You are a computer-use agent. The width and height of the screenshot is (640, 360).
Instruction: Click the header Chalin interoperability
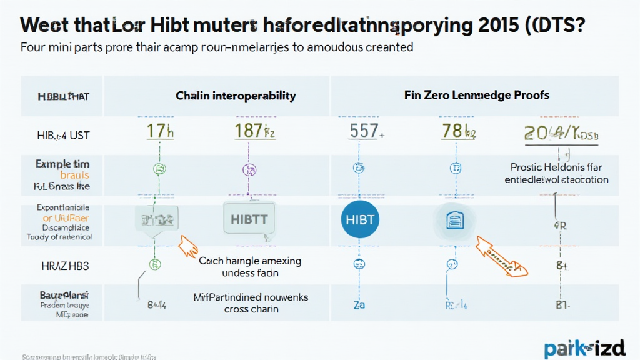[x=236, y=96]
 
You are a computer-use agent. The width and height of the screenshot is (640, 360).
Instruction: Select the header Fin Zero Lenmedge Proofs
[x=477, y=95]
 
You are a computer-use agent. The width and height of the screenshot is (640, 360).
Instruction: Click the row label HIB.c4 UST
[x=62, y=135]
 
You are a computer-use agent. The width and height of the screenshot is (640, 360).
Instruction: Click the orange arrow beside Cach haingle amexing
[x=187, y=246]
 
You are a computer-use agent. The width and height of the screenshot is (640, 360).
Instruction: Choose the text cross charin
[x=251, y=309]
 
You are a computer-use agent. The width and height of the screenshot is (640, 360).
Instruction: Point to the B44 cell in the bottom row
[x=156, y=306]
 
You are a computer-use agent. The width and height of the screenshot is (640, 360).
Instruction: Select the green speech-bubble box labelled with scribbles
[x=156, y=221]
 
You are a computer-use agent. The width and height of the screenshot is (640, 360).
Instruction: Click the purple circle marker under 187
[x=249, y=169]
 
